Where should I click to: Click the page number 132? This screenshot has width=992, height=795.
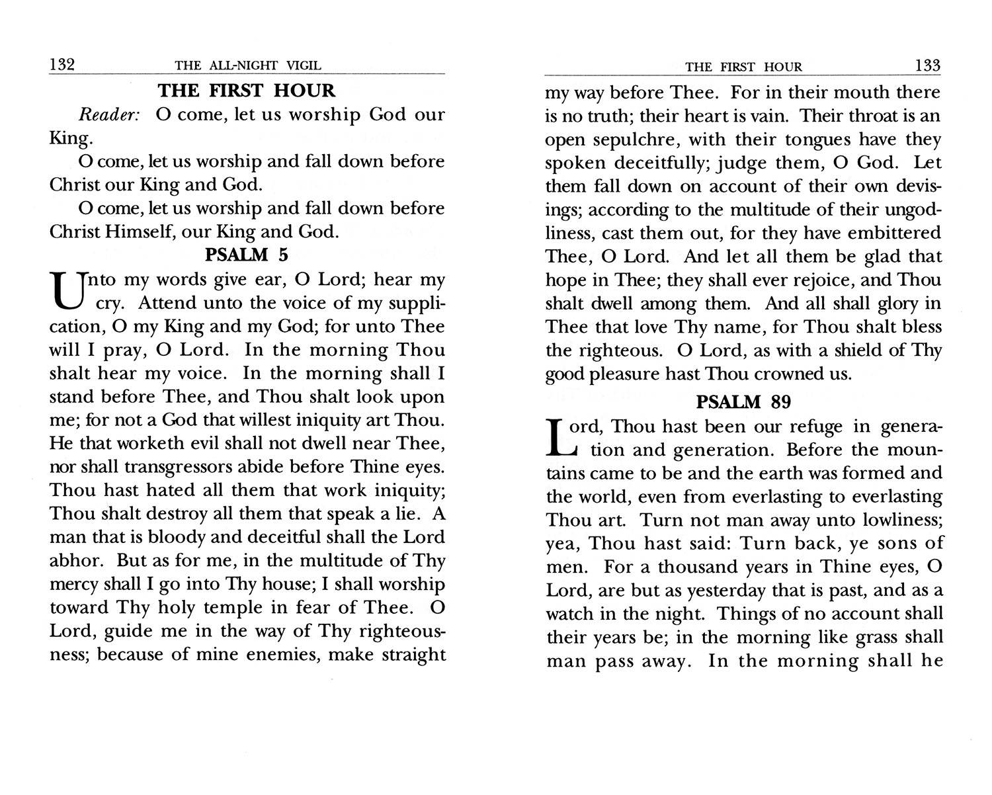coord(62,65)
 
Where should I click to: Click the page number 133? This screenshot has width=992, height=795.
coord(927,65)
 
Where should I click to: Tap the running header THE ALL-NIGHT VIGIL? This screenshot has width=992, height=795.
coord(248,65)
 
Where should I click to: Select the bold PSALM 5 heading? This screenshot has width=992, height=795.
coord(247,255)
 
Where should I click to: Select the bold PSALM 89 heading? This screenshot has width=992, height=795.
coord(744,401)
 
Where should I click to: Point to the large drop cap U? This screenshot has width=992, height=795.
coord(63,292)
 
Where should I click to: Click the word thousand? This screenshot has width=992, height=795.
coord(702,567)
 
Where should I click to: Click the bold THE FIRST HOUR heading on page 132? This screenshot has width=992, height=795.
coord(247,91)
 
